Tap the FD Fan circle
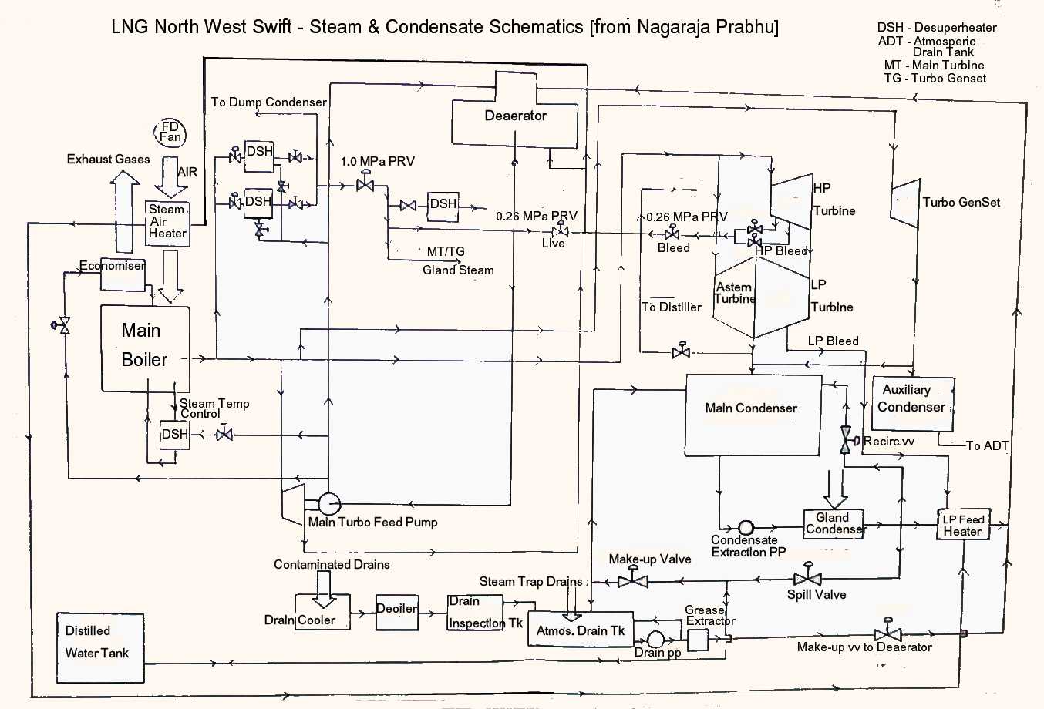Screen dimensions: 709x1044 tap(170, 132)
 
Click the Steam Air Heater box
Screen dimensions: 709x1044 tap(168, 223)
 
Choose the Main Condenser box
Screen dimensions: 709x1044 tap(753, 415)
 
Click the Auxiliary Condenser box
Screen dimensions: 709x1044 tap(913, 402)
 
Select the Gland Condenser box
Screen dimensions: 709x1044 tap(833, 523)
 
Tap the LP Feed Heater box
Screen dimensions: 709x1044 tap(962, 525)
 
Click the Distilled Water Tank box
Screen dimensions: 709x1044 tap(100, 648)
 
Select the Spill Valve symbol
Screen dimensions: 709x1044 tap(807, 577)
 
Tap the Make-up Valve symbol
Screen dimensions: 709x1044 tap(633, 580)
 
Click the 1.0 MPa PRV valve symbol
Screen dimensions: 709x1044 tap(365, 184)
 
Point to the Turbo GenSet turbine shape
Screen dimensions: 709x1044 tap(905, 202)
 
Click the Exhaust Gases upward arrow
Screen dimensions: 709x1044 tap(125, 212)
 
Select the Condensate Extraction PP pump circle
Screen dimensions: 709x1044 tap(746, 528)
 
